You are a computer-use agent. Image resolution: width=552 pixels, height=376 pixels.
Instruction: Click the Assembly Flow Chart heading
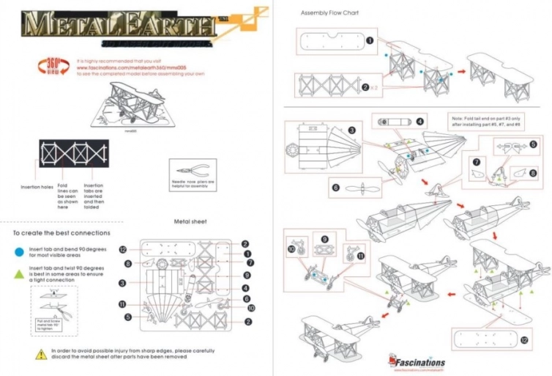pyautogui.click(x=330, y=12)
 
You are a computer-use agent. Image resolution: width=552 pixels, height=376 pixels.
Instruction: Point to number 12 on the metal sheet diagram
pyautogui.click(x=124, y=249)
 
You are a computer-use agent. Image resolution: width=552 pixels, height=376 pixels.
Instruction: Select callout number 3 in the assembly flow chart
pyautogui.click(x=352, y=130)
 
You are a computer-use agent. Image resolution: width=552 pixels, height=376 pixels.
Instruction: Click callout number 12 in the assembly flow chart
pyautogui.click(x=524, y=341)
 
